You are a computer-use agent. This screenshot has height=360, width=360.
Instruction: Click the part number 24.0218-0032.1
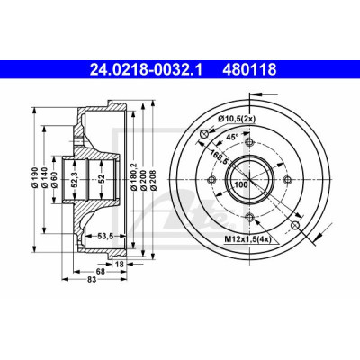147,70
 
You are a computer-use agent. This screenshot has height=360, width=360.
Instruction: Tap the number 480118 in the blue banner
249,70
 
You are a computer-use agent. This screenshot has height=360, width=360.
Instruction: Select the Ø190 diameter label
35,179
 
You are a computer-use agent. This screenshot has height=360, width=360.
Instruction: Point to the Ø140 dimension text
45,179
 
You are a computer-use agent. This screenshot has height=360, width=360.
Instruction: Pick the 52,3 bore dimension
75,180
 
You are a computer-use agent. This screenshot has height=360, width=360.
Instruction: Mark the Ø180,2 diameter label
134,177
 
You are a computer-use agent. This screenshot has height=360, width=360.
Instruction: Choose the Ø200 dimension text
143,180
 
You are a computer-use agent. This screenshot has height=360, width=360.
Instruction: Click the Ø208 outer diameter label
153,180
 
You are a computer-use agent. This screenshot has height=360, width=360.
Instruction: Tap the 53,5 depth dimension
105,237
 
